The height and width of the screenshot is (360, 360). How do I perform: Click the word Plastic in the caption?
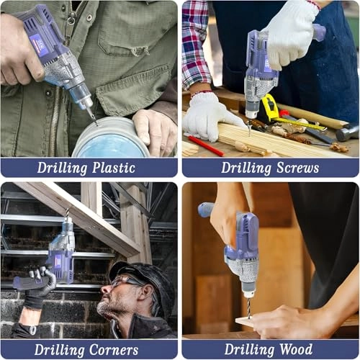pyautogui.click(x=114, y=168)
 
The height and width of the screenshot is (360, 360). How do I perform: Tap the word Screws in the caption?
pyautogui.click(x=297, y=168)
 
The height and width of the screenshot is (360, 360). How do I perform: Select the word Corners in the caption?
pyautogui.click(x=114, y=350)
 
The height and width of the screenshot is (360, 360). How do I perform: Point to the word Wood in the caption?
pyautogui.click(x=296, y=349)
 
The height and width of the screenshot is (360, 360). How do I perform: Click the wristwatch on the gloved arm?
pyautogui.click(x=31, y=329)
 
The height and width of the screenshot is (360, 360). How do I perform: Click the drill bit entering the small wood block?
pyautogui.click(x=248, y=307)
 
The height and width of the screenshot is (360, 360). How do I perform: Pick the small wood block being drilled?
pyautogui.click(x=247, y=322)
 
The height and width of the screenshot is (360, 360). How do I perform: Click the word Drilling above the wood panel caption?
pyautogui.click(x=250, y=350)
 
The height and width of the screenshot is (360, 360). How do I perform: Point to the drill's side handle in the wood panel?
pyautogui.click(x=206, y=210)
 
